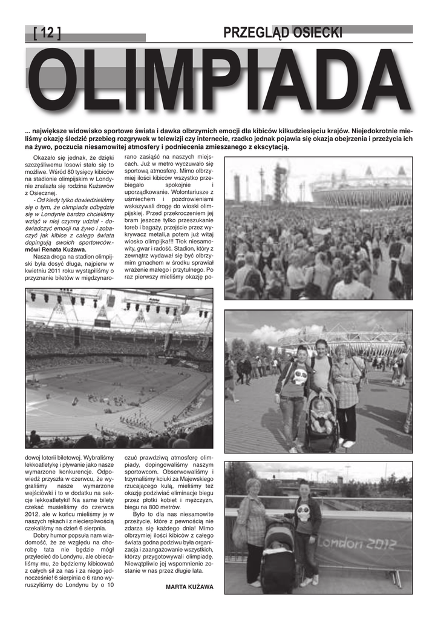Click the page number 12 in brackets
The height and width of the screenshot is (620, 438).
47,33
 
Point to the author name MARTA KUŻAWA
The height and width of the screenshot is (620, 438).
189,587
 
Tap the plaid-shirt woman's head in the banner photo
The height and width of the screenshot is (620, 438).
253,486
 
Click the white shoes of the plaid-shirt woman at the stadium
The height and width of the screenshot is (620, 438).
347,443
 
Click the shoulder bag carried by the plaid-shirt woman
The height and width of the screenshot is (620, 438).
240,533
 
